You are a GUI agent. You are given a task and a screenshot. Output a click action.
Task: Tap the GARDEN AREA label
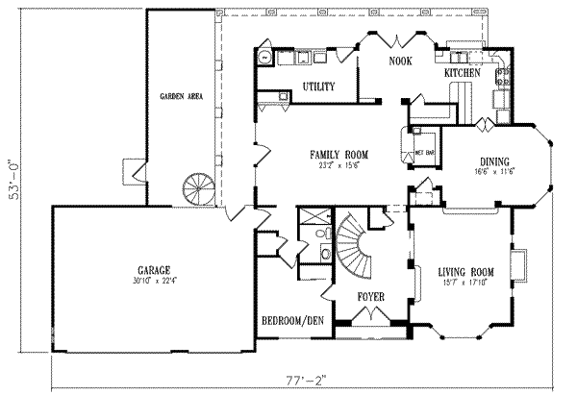point(178,97)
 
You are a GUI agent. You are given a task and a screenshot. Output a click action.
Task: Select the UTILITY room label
point(318,87)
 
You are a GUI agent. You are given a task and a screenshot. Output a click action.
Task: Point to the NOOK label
point(400,62)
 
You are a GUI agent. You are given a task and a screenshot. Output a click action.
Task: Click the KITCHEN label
point(463,73)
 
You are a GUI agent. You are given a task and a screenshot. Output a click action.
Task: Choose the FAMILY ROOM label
point(339,154)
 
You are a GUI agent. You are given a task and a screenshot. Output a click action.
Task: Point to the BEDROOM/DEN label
point(292,320)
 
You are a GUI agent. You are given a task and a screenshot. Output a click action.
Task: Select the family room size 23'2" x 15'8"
point(339,164)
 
